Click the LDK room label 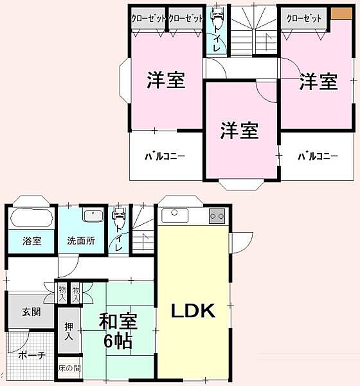click(193, 311)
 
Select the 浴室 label click(32, 241)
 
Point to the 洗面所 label click(81, 241)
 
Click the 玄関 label click(32, 312)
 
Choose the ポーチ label click(32, 356)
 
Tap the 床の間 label click(69, 369)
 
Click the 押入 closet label click(69, 331)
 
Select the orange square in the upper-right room click(341, 14)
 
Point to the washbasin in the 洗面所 click(93, 216)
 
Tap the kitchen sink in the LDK click(175, 216)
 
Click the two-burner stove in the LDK click(217, 216)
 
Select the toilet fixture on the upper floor click(217, 17)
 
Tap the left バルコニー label click(165, 156)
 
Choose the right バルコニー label click(318, 156)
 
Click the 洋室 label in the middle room click(239, 130)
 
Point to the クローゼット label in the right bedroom click(304, 19)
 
